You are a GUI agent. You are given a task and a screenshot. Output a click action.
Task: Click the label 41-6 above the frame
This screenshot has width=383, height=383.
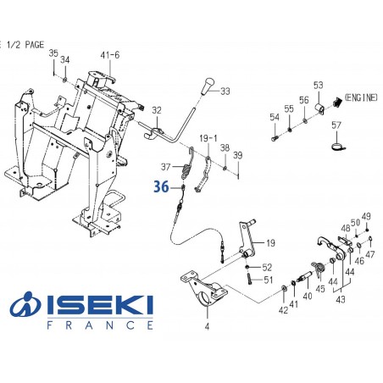(x=110, y=55)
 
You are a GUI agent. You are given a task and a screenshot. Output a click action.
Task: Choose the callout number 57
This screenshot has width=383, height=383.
(x=336, y=126)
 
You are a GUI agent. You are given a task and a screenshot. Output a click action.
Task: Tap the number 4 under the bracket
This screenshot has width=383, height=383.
(x=207, y=325)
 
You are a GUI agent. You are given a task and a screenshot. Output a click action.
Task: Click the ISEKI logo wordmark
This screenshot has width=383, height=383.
(x=93, y=302)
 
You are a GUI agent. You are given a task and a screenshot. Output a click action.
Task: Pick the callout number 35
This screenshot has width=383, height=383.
(x=53, y=53)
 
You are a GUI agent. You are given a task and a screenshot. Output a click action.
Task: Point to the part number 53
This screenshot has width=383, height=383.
(x=319, y=85)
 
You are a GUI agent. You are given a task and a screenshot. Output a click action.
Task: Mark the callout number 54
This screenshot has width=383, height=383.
(x=275, y=116)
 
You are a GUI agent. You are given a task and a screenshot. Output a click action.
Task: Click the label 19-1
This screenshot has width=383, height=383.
(x=208, y=136)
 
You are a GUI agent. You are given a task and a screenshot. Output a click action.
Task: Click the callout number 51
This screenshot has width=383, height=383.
(x=267, y=280)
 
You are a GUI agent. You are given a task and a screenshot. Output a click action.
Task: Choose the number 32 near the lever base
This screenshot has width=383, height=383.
(x=156, y=111)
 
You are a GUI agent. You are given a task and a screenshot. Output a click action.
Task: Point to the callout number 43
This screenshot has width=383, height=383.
(x=342, y=298)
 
